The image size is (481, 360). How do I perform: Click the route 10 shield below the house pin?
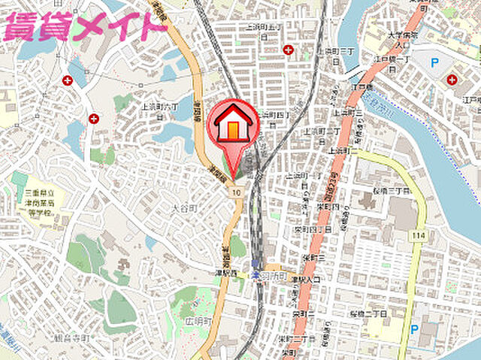point(236,193)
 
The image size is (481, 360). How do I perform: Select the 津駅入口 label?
point(306,280)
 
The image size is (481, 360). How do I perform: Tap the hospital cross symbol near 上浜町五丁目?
point(289,50)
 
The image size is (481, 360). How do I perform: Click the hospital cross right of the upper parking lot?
point(452,80)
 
